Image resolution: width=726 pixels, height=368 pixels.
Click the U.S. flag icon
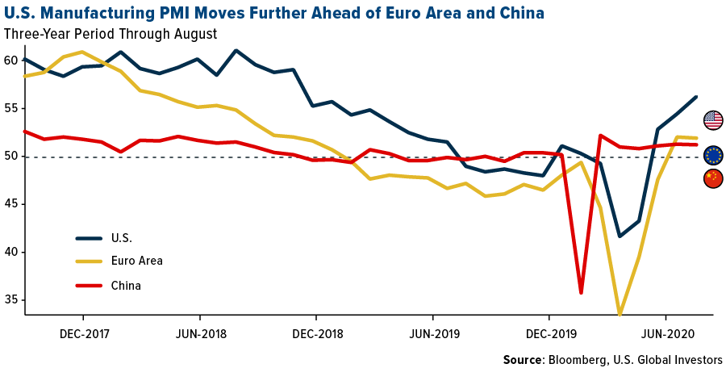pyautogui.click(x=713, y=120)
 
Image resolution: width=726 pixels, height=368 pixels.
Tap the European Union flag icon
pyautogui.click(x=713, y=155)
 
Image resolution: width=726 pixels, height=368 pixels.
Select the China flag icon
pyautogui.click(x=713, y=178)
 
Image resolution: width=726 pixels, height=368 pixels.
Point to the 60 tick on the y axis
pyautogui.click(x=10, y=61)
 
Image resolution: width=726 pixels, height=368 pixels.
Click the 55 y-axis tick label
pyautogui.click(x=10, y=108)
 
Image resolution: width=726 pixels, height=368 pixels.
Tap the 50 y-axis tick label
pyautogui.click(x=10, y=156)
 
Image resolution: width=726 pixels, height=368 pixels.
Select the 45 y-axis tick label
pyautogui.click(x=10, y=204)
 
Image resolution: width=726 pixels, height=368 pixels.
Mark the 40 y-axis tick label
pyautogui.click(x=10, y=252)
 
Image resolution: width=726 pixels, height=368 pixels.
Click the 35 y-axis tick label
pyautogui.click(x=10, y=299)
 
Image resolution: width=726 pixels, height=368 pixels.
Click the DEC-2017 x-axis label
pyautogui.click(x=84, y=332)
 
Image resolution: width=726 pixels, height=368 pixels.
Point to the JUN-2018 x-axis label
pyautogui.click(x=199, y=332)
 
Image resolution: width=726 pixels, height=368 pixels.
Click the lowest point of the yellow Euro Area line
pyautogui.click(x=620, y=313)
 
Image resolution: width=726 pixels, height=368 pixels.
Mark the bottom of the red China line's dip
pyautogui.click(x=581, y=293)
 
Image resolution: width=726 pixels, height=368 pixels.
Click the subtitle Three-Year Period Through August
pyautogui.click(x=111, y=34)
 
